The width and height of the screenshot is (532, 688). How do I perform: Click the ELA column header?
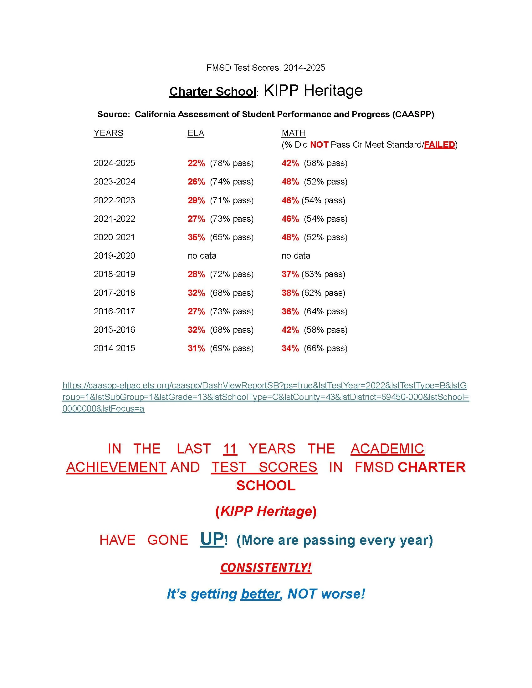click(196, 133)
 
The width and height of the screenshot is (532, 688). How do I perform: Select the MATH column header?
click(294, 133)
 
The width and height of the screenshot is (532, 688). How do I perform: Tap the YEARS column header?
click(108, 133)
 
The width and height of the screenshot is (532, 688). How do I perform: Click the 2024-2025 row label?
click(115, 163)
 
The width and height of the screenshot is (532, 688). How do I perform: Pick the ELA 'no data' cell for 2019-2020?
click(202, 255)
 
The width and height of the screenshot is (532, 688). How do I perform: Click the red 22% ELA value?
click(196, 163)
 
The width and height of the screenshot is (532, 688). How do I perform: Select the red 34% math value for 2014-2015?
click(290, 348)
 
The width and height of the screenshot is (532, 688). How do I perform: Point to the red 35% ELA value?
click(196, 237)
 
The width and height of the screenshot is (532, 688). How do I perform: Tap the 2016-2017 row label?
click(115, 311)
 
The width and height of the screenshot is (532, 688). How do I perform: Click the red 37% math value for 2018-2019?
click(290, 274)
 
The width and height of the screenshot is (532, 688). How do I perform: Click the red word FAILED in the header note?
click(440, 144)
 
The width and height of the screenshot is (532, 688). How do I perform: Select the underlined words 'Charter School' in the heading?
click(213, 92)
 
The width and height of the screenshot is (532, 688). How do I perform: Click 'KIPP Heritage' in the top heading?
click(313, 90)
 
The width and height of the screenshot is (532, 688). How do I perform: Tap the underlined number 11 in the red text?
click(230, 449)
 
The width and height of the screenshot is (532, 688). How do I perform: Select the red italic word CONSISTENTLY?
click(266, 568)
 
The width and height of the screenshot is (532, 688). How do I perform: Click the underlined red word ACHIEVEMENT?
click(116, 467)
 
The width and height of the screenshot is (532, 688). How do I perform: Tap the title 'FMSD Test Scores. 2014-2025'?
click(265, 68)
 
